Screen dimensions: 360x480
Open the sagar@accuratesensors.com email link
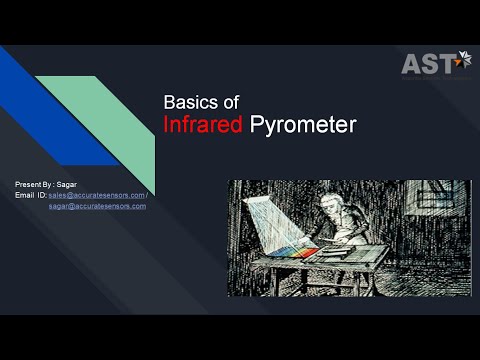pos(98,206)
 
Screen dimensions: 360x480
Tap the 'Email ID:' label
pos(31,195)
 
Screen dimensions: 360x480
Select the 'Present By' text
pos(35,185)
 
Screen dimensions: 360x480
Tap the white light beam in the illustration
pos(264,215)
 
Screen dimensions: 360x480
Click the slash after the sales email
pos(147,195)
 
